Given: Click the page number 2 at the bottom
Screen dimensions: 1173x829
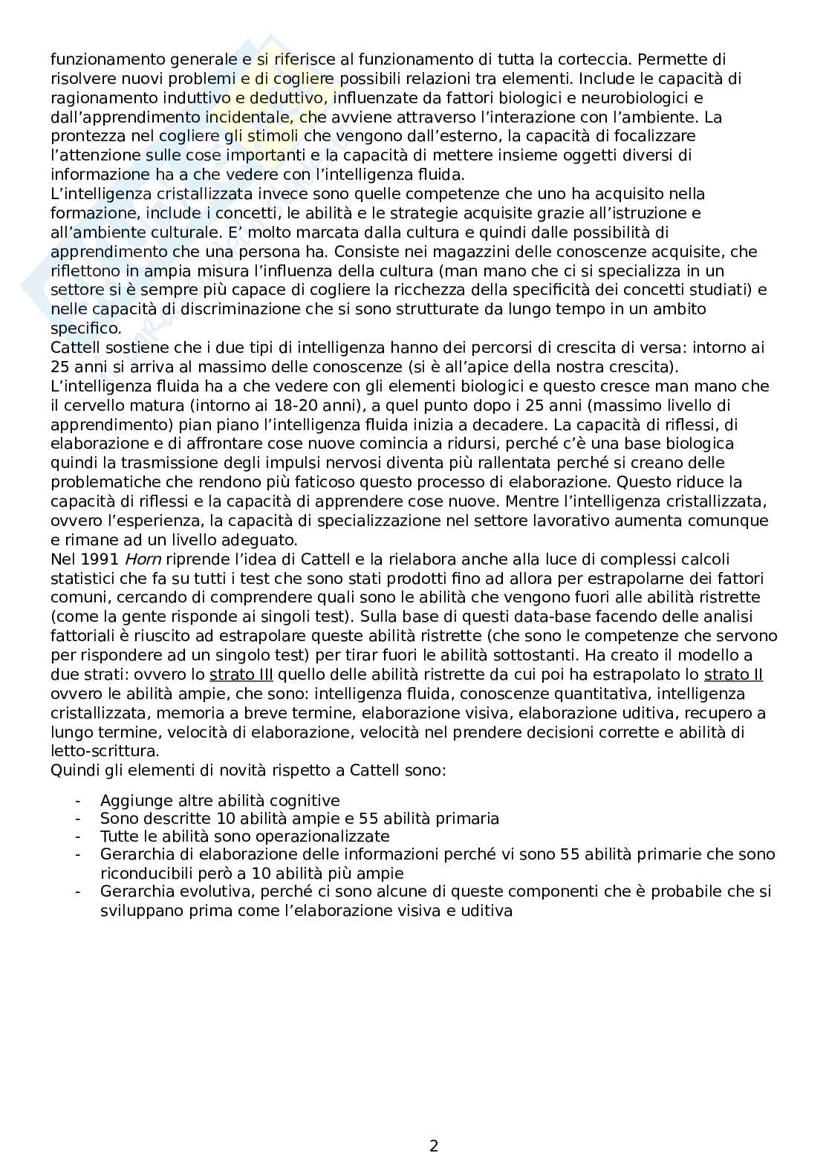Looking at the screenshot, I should pos(434,1146).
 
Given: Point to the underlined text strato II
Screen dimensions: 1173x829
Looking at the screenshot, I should pos(733,675).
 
